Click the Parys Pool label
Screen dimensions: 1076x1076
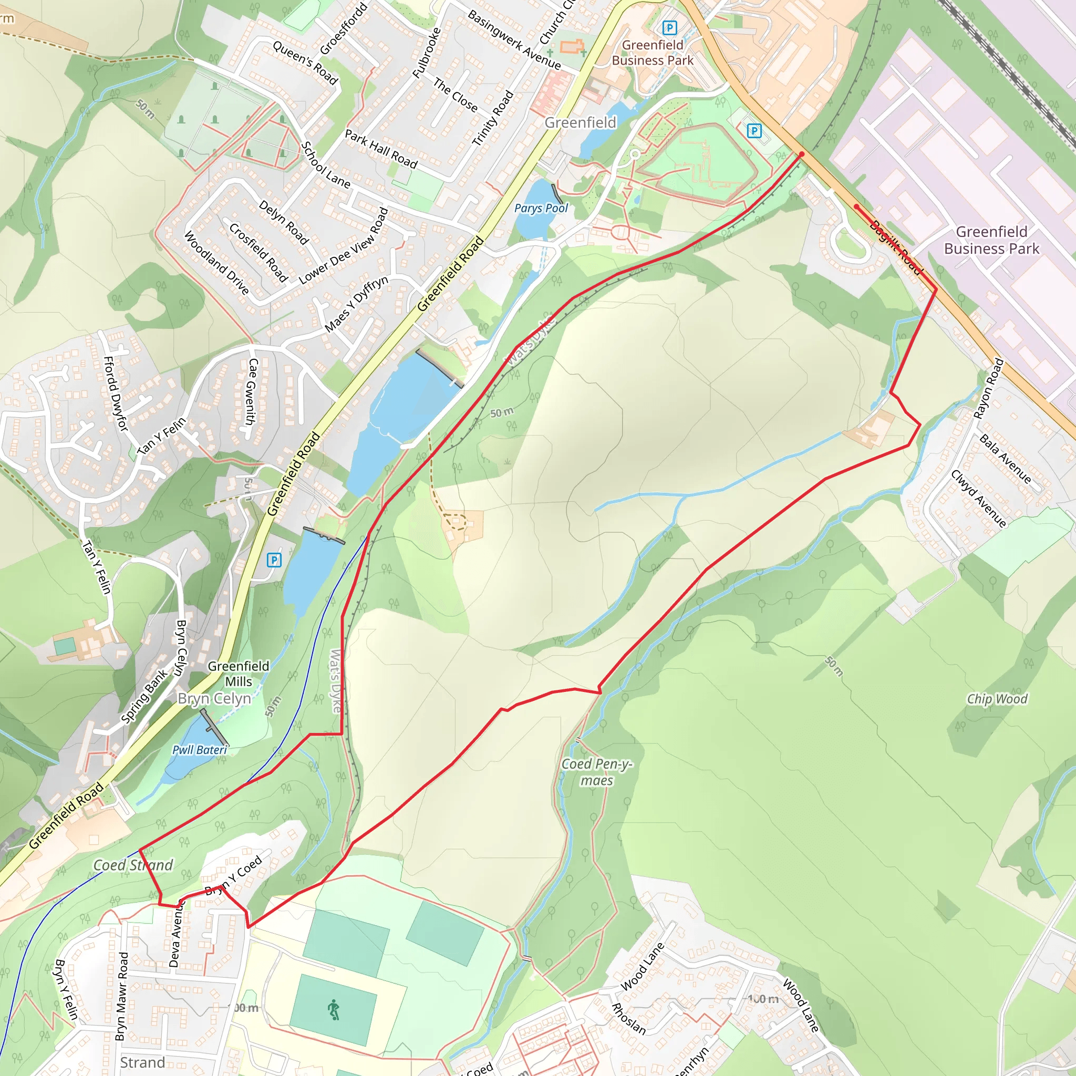tap(541, 208)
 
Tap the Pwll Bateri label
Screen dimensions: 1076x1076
tap(199, 750)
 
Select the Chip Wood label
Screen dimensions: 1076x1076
tap(997, 699)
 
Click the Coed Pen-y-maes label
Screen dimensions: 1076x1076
tap(596, 772)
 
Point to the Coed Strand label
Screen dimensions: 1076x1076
tap(132, 865)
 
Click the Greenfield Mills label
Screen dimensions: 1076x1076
tap(239, 674)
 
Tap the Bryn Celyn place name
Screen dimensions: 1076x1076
tap(214, 698)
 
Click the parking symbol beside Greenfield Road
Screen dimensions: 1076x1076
tap(274, 560)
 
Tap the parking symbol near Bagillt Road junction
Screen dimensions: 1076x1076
tap(753, 131)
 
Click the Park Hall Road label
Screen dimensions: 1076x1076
tap(381, 149)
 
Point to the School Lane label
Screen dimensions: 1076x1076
tap(325, 165)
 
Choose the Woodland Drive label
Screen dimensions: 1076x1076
tap(216, 263)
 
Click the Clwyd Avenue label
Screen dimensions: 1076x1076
tap(978, 499)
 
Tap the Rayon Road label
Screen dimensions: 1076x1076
tap(989, 388)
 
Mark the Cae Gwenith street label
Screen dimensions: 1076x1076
tap(252, 391)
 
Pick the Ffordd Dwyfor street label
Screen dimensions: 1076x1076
tap(116, 393)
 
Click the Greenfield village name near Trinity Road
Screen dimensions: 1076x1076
tap(581, 122)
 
